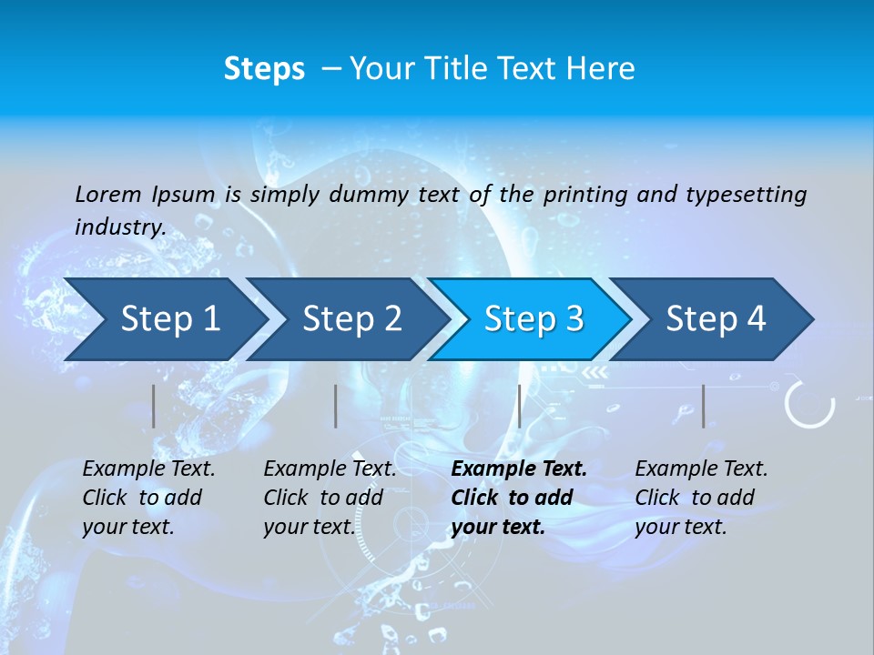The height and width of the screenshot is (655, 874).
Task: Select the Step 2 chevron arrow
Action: (351, 319)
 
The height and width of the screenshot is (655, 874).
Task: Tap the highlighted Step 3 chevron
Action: (534, 319)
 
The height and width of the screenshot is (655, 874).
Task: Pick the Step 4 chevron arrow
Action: (716, 319)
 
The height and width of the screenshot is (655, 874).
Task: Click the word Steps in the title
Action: (264, 69)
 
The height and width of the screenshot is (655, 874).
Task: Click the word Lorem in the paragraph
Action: (108, 194)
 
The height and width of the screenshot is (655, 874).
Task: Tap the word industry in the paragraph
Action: (120, 227)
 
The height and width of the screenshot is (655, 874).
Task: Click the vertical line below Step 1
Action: (154, 406)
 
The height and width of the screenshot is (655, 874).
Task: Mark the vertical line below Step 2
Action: (336, 406)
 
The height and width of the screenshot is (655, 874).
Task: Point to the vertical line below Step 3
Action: (520, 406)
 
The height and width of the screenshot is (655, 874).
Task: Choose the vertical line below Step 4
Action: (704, 406)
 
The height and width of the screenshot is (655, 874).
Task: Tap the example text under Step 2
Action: (330, 498)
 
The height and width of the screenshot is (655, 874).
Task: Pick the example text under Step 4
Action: (701, 498)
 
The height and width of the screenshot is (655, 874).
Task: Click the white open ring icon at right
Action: (809, 404)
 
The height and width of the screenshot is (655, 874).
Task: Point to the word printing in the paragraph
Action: (585, 194)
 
